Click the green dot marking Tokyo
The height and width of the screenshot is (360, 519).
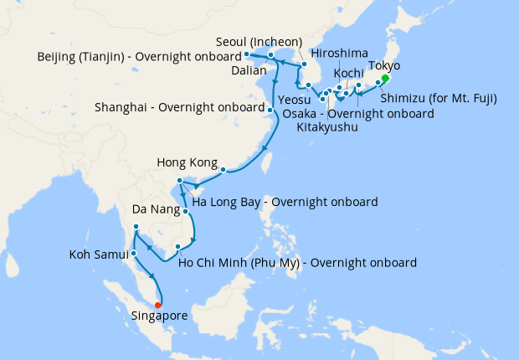385,79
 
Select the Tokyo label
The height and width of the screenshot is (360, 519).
384,65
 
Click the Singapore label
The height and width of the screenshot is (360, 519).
160,316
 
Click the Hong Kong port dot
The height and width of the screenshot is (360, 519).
224,171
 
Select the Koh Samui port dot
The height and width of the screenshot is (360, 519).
134,253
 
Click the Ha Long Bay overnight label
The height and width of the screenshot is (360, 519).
285,202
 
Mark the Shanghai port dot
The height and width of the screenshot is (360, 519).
270,110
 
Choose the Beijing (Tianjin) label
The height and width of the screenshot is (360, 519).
136,57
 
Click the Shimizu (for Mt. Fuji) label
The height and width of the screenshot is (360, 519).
439,98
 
